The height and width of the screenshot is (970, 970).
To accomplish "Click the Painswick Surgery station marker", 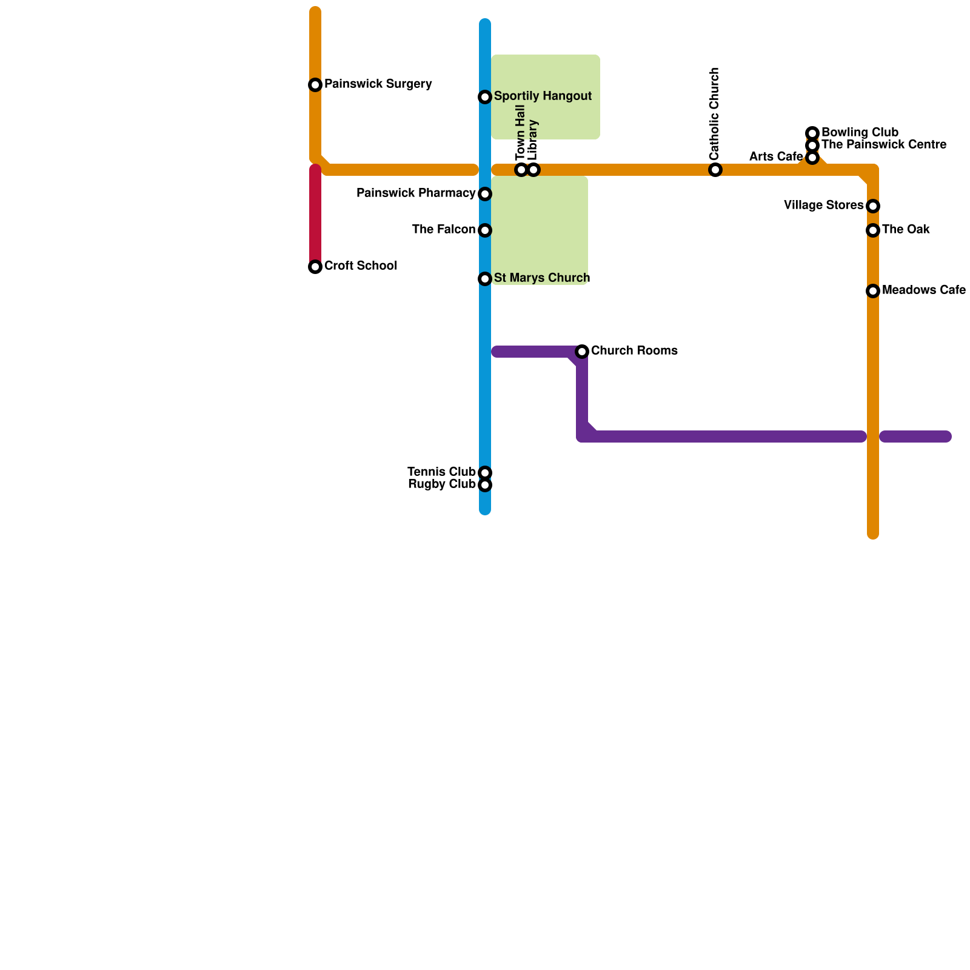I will (x=315, y=85).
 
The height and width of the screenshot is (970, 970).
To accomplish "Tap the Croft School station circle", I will (x=315, y=267).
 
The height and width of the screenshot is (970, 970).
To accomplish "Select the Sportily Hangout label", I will (x=543, y=96).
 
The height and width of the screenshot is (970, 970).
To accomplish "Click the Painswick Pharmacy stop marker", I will (x=485, y=194).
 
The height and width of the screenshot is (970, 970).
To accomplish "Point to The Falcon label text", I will (x=443, y=230).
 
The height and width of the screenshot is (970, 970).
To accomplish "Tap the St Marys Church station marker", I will (x=485, y=279).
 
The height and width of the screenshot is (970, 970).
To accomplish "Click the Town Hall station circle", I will (x=521, y=170).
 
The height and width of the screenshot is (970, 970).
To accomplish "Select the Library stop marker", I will (x=533, y=170).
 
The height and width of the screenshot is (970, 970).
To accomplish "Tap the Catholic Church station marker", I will (x=715, y=170).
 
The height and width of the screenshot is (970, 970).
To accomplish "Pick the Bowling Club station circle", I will (x=812, y=133).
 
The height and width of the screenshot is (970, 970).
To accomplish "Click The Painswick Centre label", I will (x=883, y=145).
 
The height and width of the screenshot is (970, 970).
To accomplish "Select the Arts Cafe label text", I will (x=775, y=157).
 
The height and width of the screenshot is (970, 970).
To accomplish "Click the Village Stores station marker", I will (x=873, y=206).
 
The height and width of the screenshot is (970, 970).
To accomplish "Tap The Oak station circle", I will (x=873, y=230).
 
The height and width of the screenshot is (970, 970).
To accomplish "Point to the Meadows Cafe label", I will (x=923, y=290).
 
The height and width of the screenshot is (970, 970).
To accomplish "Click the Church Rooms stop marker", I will (x=582, y=352).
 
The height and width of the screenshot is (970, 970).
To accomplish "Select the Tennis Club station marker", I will (x=485, y=473).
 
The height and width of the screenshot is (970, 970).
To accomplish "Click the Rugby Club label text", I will (x=441, y=484).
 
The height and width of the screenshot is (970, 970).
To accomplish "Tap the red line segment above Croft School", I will (x=315, y=212).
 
